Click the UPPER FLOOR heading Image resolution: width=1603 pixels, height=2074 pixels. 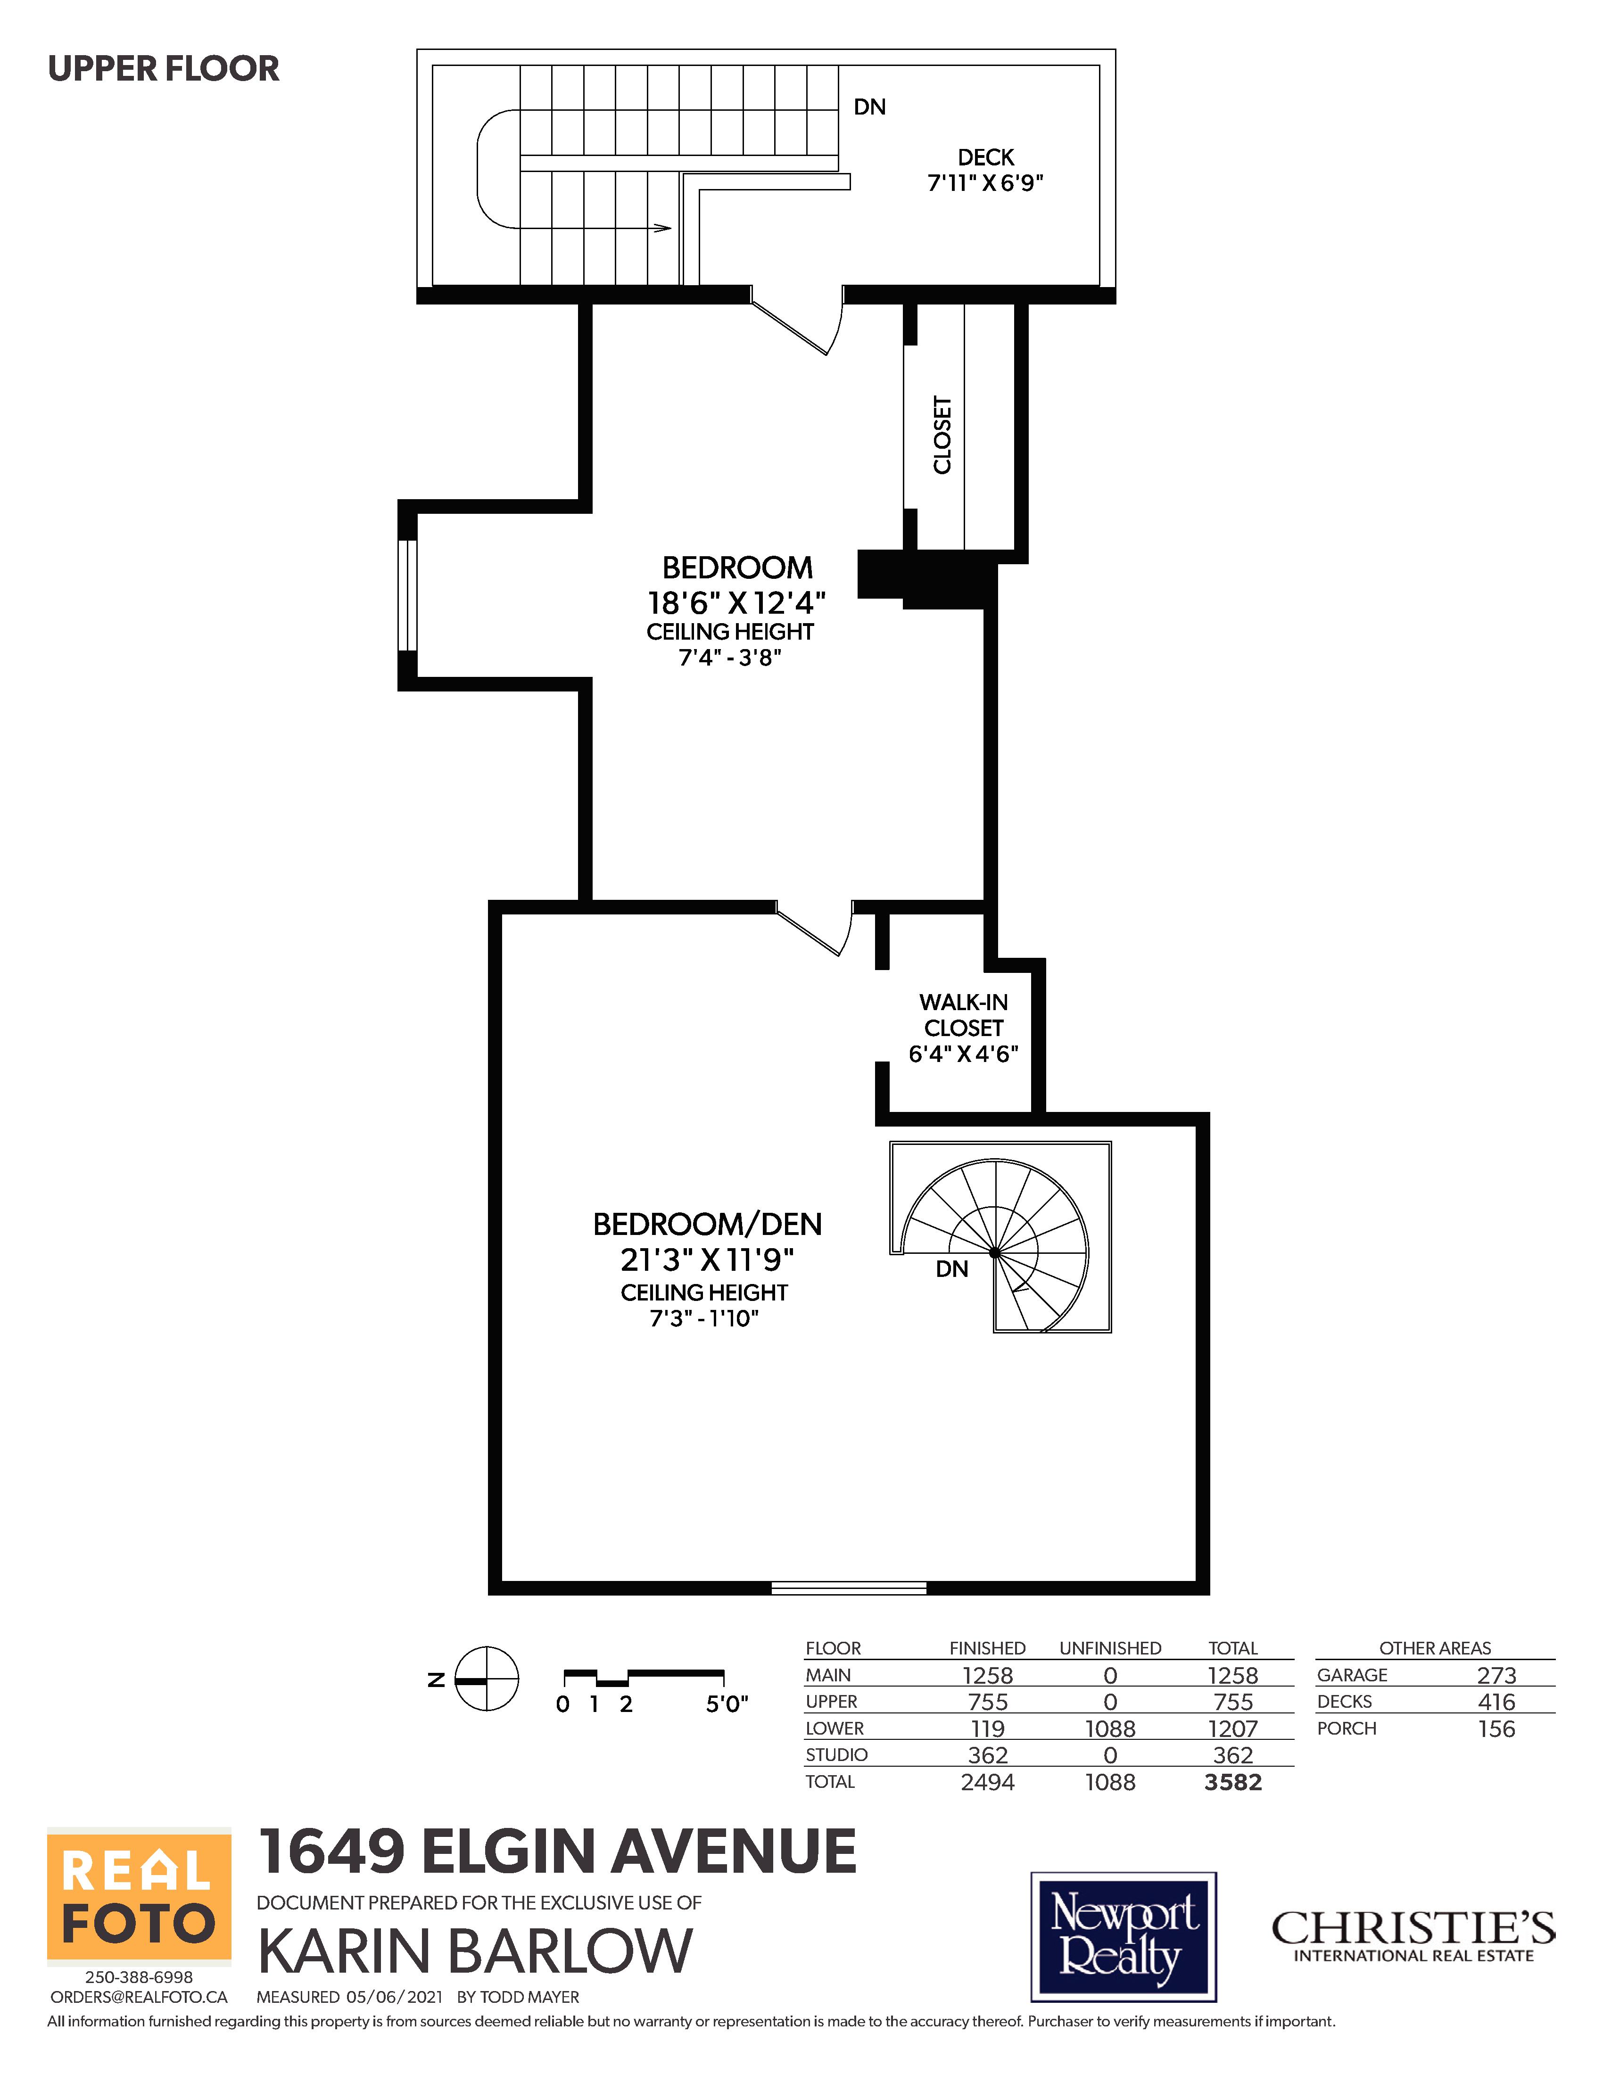(x=163, y=68)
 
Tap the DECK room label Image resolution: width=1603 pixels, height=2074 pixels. (x=986, y=156)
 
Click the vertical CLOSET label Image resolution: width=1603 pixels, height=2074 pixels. (x=942, y=435)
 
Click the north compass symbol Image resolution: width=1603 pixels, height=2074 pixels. (x=486, y=1678)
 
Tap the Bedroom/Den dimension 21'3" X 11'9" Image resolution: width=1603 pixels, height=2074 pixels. (x=707, y=1259)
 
